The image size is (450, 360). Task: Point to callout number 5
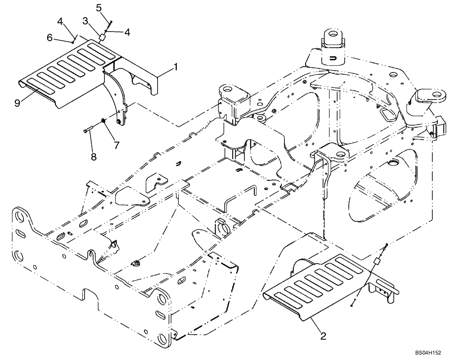point(99,7)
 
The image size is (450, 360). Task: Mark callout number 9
point(17,103)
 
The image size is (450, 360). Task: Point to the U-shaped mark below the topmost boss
point(333,57)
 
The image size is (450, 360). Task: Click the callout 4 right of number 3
point(127,32)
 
